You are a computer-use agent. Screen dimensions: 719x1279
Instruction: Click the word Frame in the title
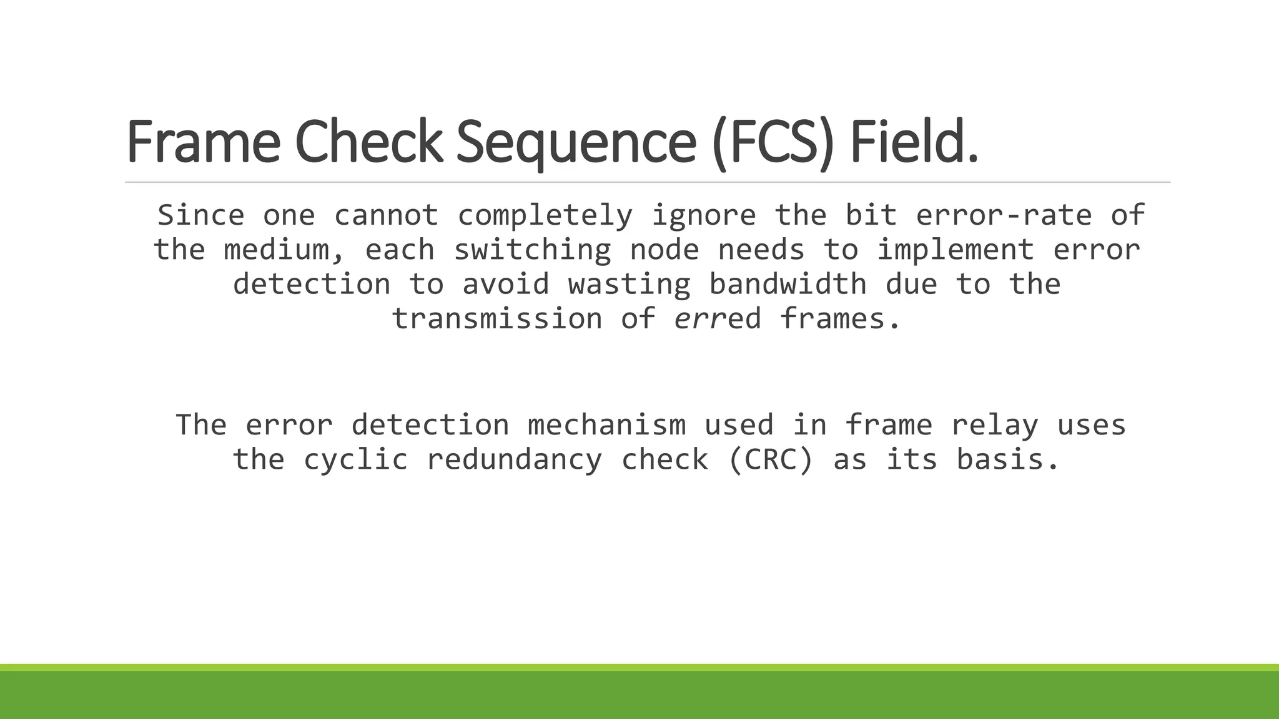(x=203, y=142)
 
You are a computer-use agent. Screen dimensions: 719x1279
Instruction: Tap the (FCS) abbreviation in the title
(x=773, y=142)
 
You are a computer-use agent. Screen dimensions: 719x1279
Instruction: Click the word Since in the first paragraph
(x=201, y=215)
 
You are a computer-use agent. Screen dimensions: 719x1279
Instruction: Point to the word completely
(x=545, y=215)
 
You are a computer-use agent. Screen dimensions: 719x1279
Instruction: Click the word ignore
(x=704, y=215)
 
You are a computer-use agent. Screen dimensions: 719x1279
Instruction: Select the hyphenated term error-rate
(x=1004, y=215)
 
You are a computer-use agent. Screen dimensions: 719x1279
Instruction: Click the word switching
(x=532, y=250)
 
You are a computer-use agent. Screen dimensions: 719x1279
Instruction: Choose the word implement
(x=956, y=250)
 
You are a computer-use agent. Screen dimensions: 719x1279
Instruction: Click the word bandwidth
(x=788, y=285)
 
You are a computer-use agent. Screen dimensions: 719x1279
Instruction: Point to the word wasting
(x=629, y=285)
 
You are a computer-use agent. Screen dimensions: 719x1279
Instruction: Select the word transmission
(x=496, y=319)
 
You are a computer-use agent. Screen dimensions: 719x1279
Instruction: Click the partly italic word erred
(x=718, y=319)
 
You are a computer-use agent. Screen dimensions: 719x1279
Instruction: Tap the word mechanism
(x=606, y=425)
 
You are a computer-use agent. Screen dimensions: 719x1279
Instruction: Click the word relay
(x=994, y=425)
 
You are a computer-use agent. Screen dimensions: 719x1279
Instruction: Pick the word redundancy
(x=514, y=460)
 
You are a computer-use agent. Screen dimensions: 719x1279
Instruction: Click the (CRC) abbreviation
(x=771, y=460)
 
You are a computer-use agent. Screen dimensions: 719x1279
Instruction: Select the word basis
(x=1007, y=460)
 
